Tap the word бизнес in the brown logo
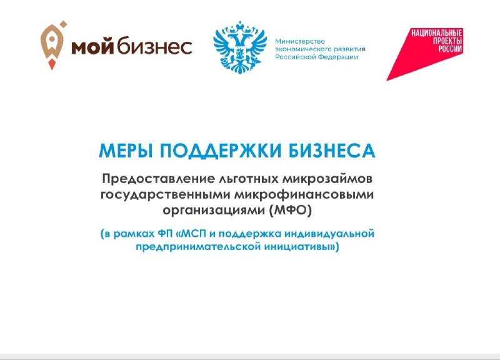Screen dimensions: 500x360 point(154,45)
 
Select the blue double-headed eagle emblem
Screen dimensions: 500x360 point(240,48)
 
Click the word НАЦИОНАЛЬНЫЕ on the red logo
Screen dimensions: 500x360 point(436,33)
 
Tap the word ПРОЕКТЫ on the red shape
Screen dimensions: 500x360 point(447,41)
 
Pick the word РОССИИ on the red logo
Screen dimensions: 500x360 point(450,49)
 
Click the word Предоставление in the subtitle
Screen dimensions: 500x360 point(159,179)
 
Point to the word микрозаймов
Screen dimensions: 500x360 point(327,179)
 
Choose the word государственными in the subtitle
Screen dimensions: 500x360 point(166,195)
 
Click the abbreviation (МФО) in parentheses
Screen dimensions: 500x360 point(290,211)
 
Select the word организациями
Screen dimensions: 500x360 point(214,211)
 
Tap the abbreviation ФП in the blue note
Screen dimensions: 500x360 point(165,234)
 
